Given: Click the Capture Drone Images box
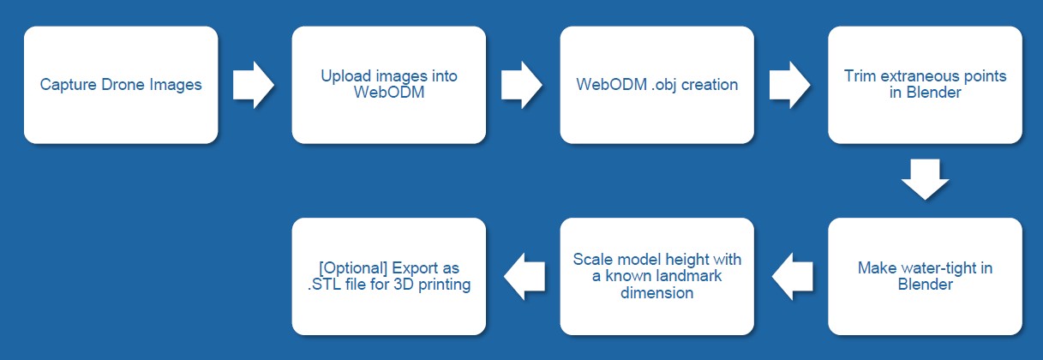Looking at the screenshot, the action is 121,85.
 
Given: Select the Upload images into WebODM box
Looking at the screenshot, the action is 389,85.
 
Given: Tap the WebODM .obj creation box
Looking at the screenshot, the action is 657,85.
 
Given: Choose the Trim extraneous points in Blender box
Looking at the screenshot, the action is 926,85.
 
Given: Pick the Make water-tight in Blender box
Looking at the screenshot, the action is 926,276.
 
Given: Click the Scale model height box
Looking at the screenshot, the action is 657,276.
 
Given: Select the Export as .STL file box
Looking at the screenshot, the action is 389,276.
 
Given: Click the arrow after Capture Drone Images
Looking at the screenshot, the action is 254,85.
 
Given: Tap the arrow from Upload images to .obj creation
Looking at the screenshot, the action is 522,85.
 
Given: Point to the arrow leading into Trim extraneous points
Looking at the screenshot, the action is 790,85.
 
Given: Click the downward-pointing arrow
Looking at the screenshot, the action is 926,180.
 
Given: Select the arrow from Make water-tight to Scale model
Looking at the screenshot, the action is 793,276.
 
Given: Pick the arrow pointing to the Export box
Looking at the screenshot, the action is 524,276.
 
